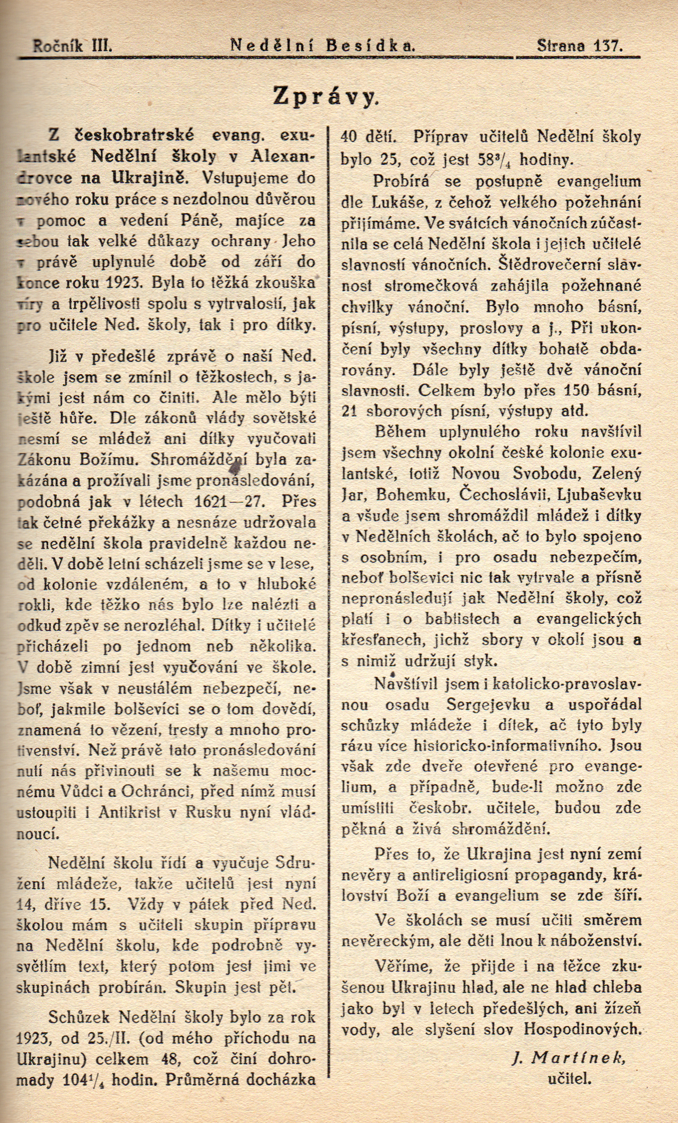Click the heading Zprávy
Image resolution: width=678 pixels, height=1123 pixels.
pyautogui.click(x=326, y=97)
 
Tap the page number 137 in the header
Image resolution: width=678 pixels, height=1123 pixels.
pyautogui.click(x=608, y=46)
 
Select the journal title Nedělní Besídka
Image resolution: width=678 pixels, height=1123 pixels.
pyautogui.click(x=323, y=46)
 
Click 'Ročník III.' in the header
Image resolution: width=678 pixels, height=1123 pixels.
pyautogui.click(x=72, y=46)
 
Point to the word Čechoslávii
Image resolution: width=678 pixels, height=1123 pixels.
pyautogui.click(x=506, y=495)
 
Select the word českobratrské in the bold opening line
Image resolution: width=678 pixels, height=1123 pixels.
pyautogui.click(x=135, y=135)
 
